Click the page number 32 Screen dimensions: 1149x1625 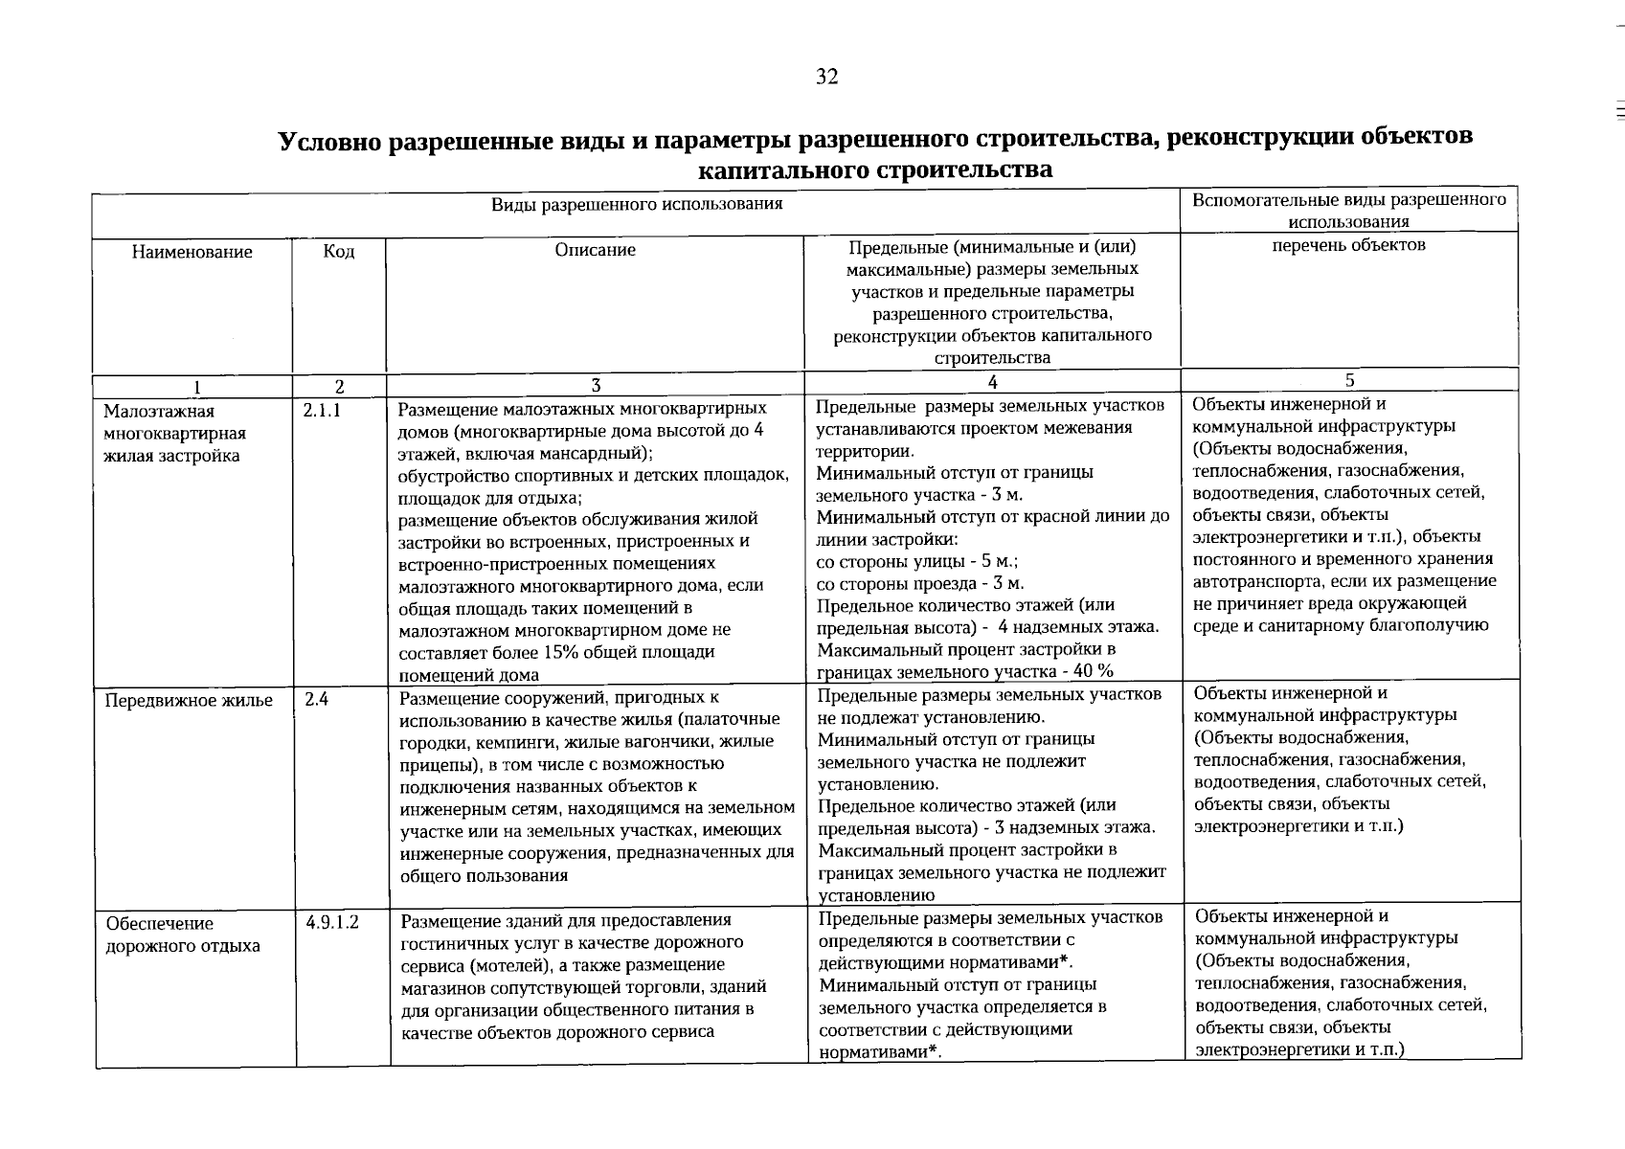[826, 78]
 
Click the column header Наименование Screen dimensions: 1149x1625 [192, 252]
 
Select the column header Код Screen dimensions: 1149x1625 [339, 252]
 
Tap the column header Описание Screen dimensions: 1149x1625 [595, 250]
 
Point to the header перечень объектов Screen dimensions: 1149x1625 [1348, 245]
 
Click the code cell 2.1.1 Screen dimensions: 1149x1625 [323, 411]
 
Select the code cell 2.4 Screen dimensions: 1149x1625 [317, 700]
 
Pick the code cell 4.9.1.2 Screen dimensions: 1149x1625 [332, 923]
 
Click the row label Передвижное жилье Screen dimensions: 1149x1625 [189, 701]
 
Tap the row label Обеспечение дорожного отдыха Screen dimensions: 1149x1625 [183, 935]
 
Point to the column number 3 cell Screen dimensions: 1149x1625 [595, 386]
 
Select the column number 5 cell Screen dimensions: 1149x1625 [1349, 380]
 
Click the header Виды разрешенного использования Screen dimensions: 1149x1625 [637, 204]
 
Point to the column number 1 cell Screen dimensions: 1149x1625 [196, 388]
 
